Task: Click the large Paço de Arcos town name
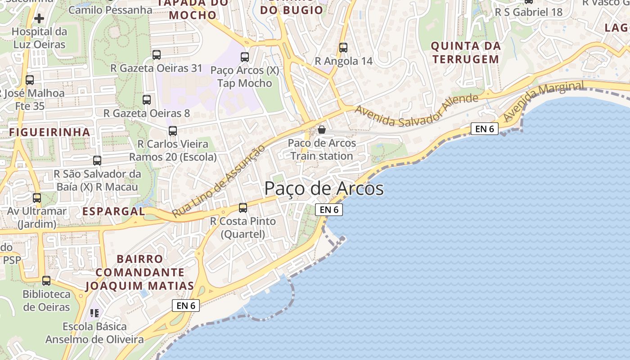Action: [x=324, y=189]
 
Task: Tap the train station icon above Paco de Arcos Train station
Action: [x=322, y=130]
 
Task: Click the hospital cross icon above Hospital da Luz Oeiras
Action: [x=39, y=18]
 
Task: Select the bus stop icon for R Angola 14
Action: [x=343, y=47]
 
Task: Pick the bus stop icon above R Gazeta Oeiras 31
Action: [x=157, y=55]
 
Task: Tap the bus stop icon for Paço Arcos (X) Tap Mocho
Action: [x=245, y=57]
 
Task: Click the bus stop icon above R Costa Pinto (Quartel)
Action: [x=243, y=207]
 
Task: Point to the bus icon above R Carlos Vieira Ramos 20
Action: [x=173, y=131]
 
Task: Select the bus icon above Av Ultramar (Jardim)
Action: [x=37, y=198]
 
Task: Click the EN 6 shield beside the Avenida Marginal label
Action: [x=485, y=129]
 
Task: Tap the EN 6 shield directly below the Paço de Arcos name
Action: [x=329, y=210]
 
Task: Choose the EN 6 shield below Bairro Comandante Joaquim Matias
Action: [x=186, y=306]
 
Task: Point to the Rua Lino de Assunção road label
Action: [x=216, y=181]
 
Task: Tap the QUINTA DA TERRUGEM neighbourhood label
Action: [x=466, y=52]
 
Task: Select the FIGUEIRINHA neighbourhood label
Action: [x=49, y=132]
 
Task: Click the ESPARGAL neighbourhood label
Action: [x=113, y=211]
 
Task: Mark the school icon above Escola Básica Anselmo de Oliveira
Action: [x=94, y=313]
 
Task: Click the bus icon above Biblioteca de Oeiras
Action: [x=46, y=280]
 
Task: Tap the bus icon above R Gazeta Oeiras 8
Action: [x=147, y=100]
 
